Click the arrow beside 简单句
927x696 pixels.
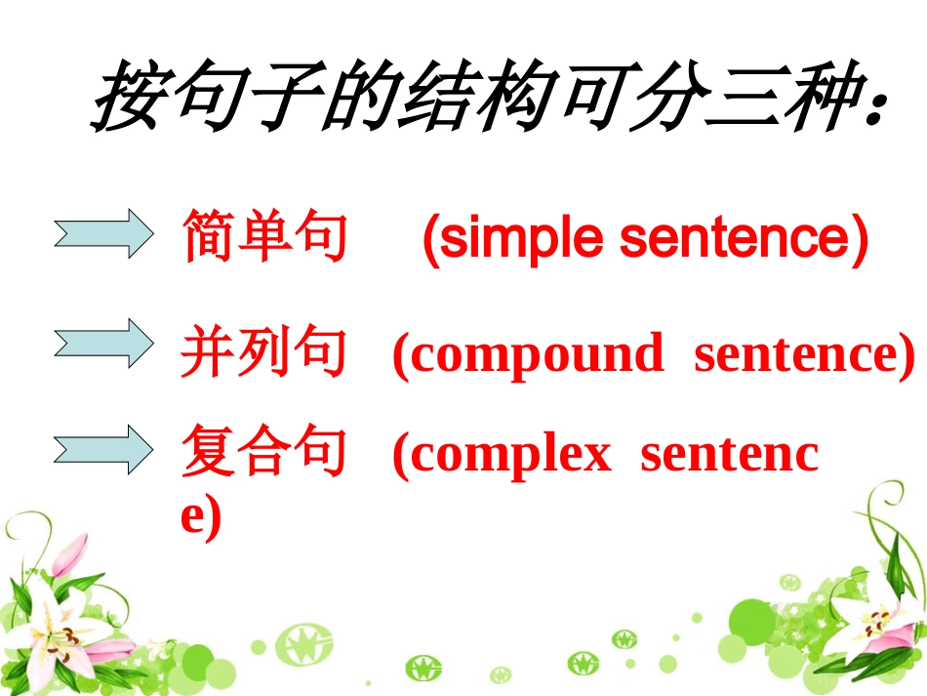(103, 235)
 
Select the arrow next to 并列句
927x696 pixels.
(103, 344)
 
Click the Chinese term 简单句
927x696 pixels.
(263, 237)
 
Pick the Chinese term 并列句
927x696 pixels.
(263, 353)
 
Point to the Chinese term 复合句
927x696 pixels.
(263, 455)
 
